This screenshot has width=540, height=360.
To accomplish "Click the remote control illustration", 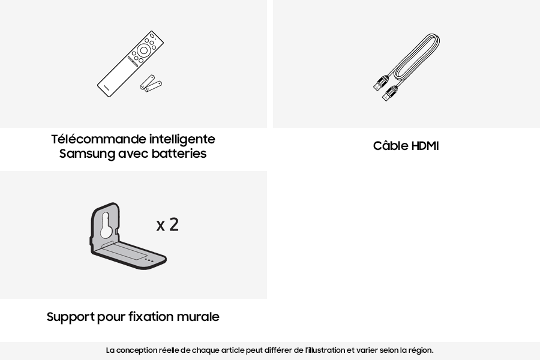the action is coord(130,64).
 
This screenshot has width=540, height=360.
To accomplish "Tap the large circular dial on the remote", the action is coord(144,51).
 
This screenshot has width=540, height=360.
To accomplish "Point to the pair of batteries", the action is coord(151,84).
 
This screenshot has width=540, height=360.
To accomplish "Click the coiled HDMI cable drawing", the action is coord(406,68).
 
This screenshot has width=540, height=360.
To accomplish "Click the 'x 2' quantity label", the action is coord(167,224).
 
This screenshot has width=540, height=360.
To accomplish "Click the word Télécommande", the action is coord(99,139).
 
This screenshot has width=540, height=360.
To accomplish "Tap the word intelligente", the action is coord(182,139).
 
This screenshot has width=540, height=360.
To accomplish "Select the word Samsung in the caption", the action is coord(87,154).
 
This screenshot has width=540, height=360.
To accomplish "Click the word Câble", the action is coord(391,146).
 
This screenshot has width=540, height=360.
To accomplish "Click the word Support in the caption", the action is coord(70,317).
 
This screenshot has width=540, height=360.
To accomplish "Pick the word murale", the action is coord(198,317).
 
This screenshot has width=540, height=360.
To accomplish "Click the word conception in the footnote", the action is coord(136,350).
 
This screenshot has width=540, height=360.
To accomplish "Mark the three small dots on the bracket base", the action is coord(149,260).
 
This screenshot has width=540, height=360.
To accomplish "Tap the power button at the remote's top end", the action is coord(152,35).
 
